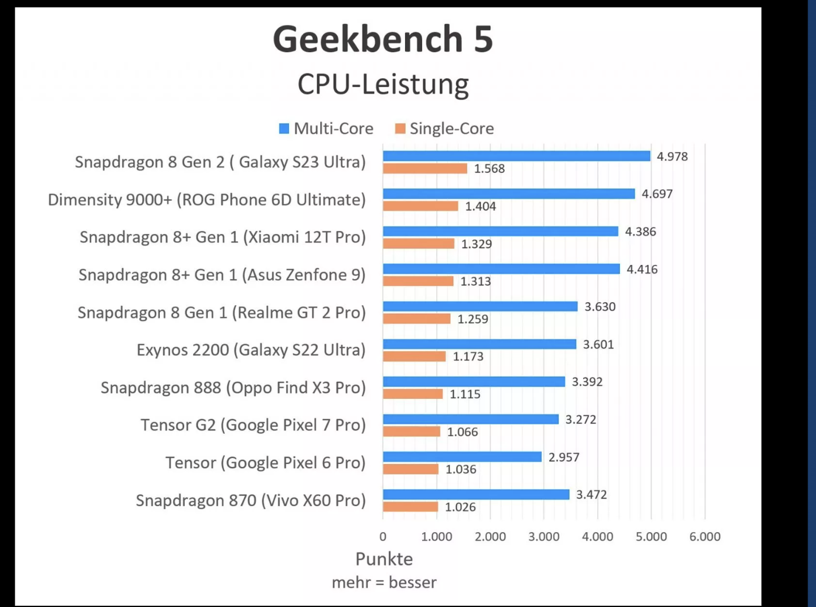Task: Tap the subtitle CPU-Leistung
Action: coord(383,84)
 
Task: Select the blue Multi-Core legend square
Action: coord(284,129)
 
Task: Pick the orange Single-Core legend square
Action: coord(400,129)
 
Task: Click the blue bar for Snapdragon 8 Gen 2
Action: coord(516,156)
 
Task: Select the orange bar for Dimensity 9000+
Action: coord(420,206)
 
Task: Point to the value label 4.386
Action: coord(640,231)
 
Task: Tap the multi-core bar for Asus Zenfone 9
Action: coord(501,269)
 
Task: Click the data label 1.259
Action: coord(473,319)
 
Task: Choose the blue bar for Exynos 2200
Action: coord(479,344)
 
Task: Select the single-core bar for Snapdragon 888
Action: coord(413,394)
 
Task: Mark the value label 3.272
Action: coord(581,419)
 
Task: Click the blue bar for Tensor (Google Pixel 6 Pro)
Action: coord(462,457)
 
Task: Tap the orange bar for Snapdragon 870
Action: coord(410,507)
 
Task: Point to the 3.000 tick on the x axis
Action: coord(544,537)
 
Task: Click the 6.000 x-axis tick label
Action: coord(705,537)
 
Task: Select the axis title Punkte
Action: coord(384,559)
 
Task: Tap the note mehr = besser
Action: coord(384,583)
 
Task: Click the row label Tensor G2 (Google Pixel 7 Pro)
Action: coord(253,425)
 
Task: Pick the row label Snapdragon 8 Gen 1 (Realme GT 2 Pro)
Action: coord(222,313)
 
